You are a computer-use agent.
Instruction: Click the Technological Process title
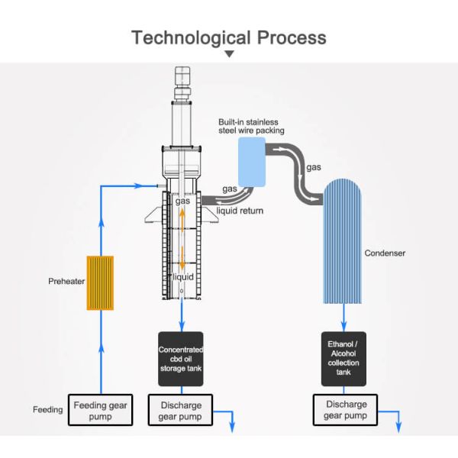click(x=228, y=37)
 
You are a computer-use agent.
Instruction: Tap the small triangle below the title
click(x=228, y=54)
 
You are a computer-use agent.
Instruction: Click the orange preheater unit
click(x=101, y=282)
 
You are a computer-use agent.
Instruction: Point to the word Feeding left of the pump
click(x=47, y=410)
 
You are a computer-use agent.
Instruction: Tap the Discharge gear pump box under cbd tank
click(x=181, y=410)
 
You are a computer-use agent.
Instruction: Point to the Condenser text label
click(x=384, y=253)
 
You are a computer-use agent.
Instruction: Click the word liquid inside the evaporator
click(x=183, y=276)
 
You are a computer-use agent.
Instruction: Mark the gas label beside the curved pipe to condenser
click(x=313, y=166)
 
